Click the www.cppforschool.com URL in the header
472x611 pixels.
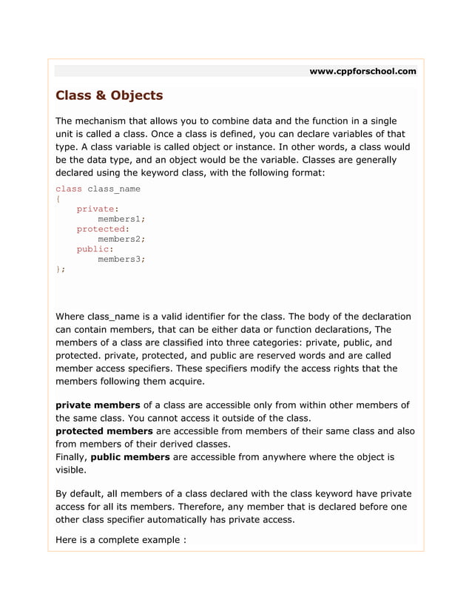363,72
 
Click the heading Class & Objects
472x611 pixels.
109,96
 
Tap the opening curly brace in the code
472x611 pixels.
58,199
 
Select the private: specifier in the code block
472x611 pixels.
93,209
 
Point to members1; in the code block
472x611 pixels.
121,219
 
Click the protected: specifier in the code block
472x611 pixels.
103,229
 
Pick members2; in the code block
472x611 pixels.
121,239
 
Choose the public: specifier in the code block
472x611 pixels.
90,249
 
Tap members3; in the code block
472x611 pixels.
121,259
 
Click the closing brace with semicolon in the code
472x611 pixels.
61,269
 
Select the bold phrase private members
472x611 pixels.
98,405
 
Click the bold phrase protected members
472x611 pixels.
104,431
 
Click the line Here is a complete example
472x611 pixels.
121,540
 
